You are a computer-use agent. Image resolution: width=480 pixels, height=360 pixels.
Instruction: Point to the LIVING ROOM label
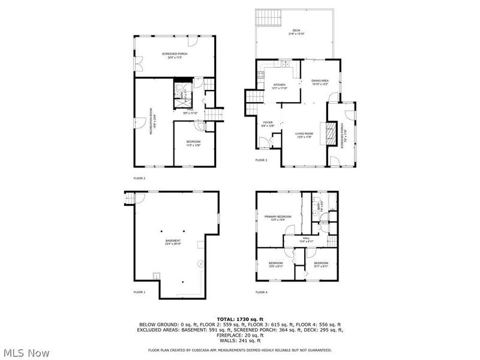[x=305, y=135]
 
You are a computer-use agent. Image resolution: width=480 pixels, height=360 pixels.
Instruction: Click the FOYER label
[x=268, y=124]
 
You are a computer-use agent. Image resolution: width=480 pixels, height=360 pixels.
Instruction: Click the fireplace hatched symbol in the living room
[x=328, y=133]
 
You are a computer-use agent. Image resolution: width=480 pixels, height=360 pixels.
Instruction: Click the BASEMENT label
[x=173, y=242]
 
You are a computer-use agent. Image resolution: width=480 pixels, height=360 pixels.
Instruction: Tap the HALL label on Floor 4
[x=306, y=239]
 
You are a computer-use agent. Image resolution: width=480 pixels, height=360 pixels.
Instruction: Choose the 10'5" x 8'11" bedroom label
[x=275, y=265]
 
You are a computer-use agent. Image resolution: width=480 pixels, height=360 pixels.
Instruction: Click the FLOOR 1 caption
[x=139, y=292]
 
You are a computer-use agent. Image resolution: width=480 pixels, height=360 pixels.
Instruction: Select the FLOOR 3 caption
[x=261, y=160]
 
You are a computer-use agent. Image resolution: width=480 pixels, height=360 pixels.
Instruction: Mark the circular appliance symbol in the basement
[x=202, y=263]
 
